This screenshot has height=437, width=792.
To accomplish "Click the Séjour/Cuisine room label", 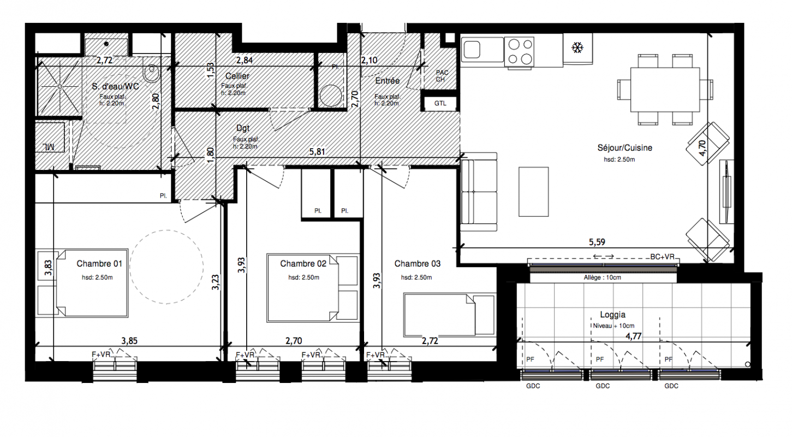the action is [x=625, y=148].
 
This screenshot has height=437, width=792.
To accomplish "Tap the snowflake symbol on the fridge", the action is [x=577, y=48].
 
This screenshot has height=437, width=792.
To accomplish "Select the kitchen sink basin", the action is [x=472, y=49].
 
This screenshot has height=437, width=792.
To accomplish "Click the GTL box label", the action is [x=440, y=103].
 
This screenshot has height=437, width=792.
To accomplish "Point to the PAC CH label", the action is [x=441, y=76].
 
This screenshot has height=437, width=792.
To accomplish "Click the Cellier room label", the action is [x=237, y=76].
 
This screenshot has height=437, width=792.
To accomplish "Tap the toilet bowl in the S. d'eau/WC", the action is [x=152, y=73].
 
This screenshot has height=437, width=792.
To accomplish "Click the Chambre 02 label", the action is [x=303, y=264].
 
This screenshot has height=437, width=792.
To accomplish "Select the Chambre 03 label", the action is [x=417, y=264].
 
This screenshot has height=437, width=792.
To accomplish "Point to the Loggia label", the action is [x=613, y=315].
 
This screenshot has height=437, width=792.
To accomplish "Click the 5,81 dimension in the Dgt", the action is [x=317, y=152].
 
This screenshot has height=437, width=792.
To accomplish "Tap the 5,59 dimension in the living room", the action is [x=597, y=243].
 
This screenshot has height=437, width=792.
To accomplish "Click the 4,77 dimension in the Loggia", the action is [x=633, y=336].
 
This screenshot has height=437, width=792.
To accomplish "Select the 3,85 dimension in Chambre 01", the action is [x=129, y=341].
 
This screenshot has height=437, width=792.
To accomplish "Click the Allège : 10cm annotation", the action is [x=602, y=278].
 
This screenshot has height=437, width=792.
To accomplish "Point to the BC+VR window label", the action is [x=662, y=257].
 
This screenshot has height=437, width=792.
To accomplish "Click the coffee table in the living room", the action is [x=533, y=191].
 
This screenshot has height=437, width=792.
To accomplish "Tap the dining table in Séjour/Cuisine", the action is [x=665, y=90].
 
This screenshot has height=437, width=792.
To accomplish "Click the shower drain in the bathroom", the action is [x=59, y=87].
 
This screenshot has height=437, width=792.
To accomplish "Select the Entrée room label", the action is [x=388, y=81].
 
